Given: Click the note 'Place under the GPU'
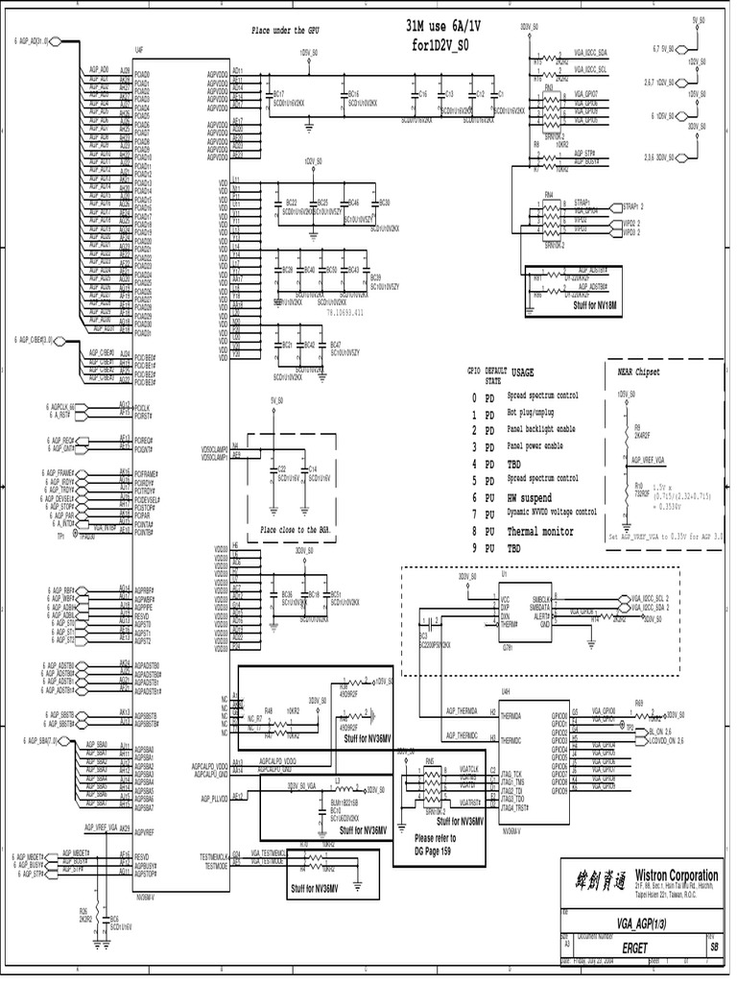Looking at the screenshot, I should pos(284,31).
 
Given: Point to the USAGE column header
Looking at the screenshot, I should pos(524,372).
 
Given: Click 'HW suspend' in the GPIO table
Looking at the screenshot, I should pos(529,497).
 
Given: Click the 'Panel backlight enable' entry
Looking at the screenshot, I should pos(542,429).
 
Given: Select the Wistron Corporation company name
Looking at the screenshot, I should pos(675,875).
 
